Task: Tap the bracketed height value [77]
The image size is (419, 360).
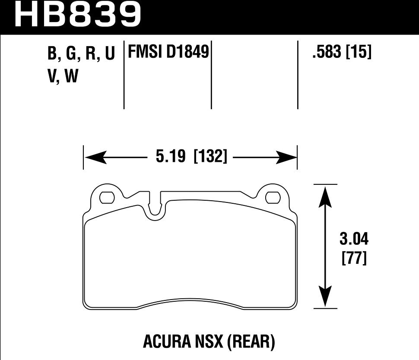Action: point(354,259)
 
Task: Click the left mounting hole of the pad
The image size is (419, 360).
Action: point(106,198)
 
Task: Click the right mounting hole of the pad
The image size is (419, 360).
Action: point(273,198)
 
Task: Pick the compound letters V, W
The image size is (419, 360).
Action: point(62,77)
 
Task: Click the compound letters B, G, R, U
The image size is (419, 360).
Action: point(81,54)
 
